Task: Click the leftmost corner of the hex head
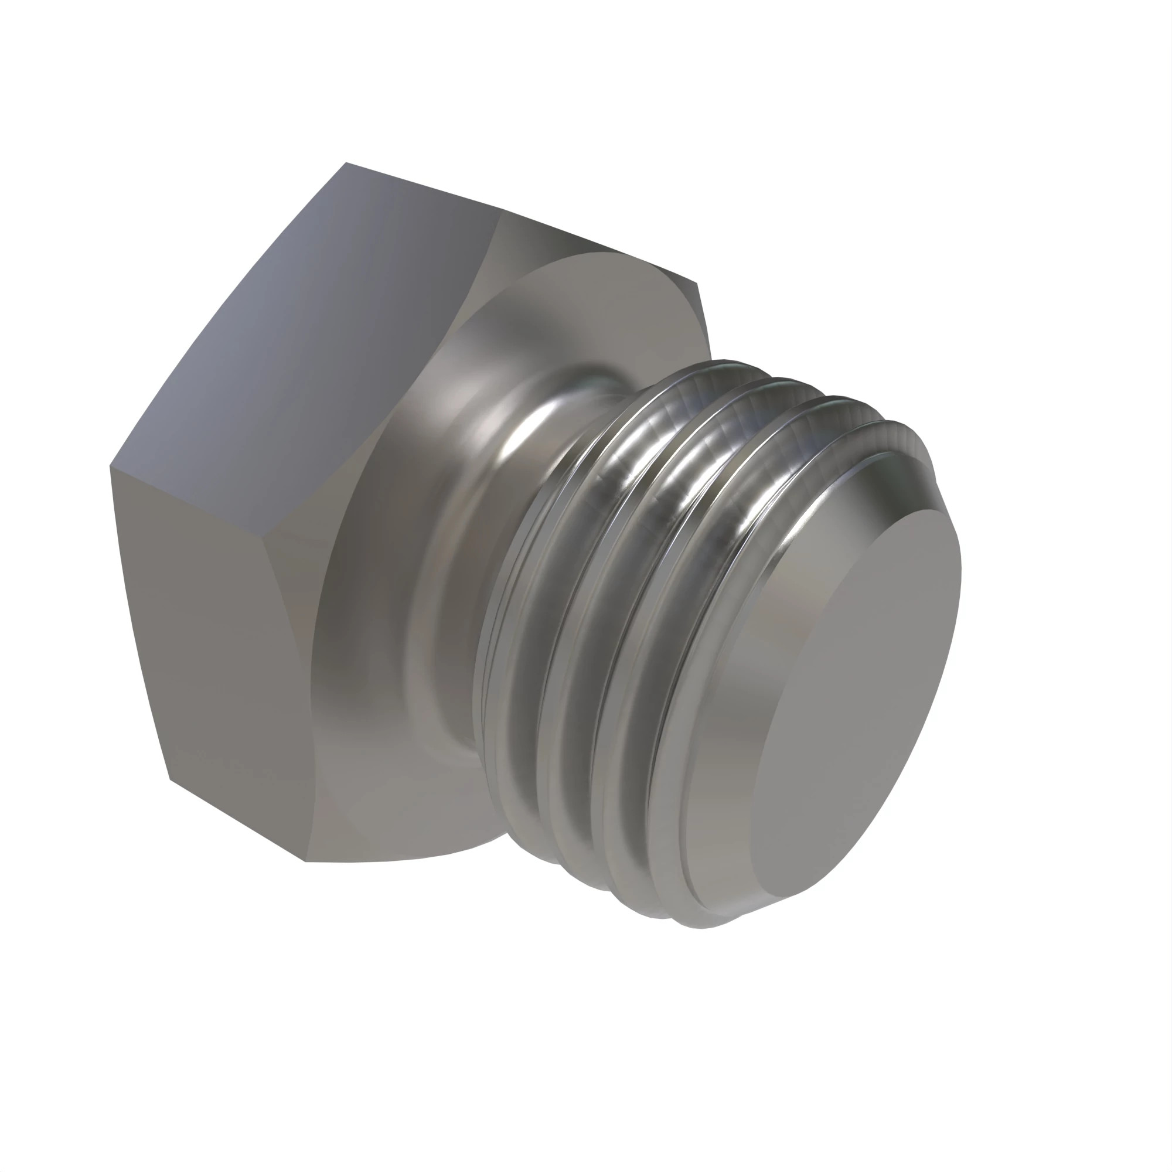pos(110,466)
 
